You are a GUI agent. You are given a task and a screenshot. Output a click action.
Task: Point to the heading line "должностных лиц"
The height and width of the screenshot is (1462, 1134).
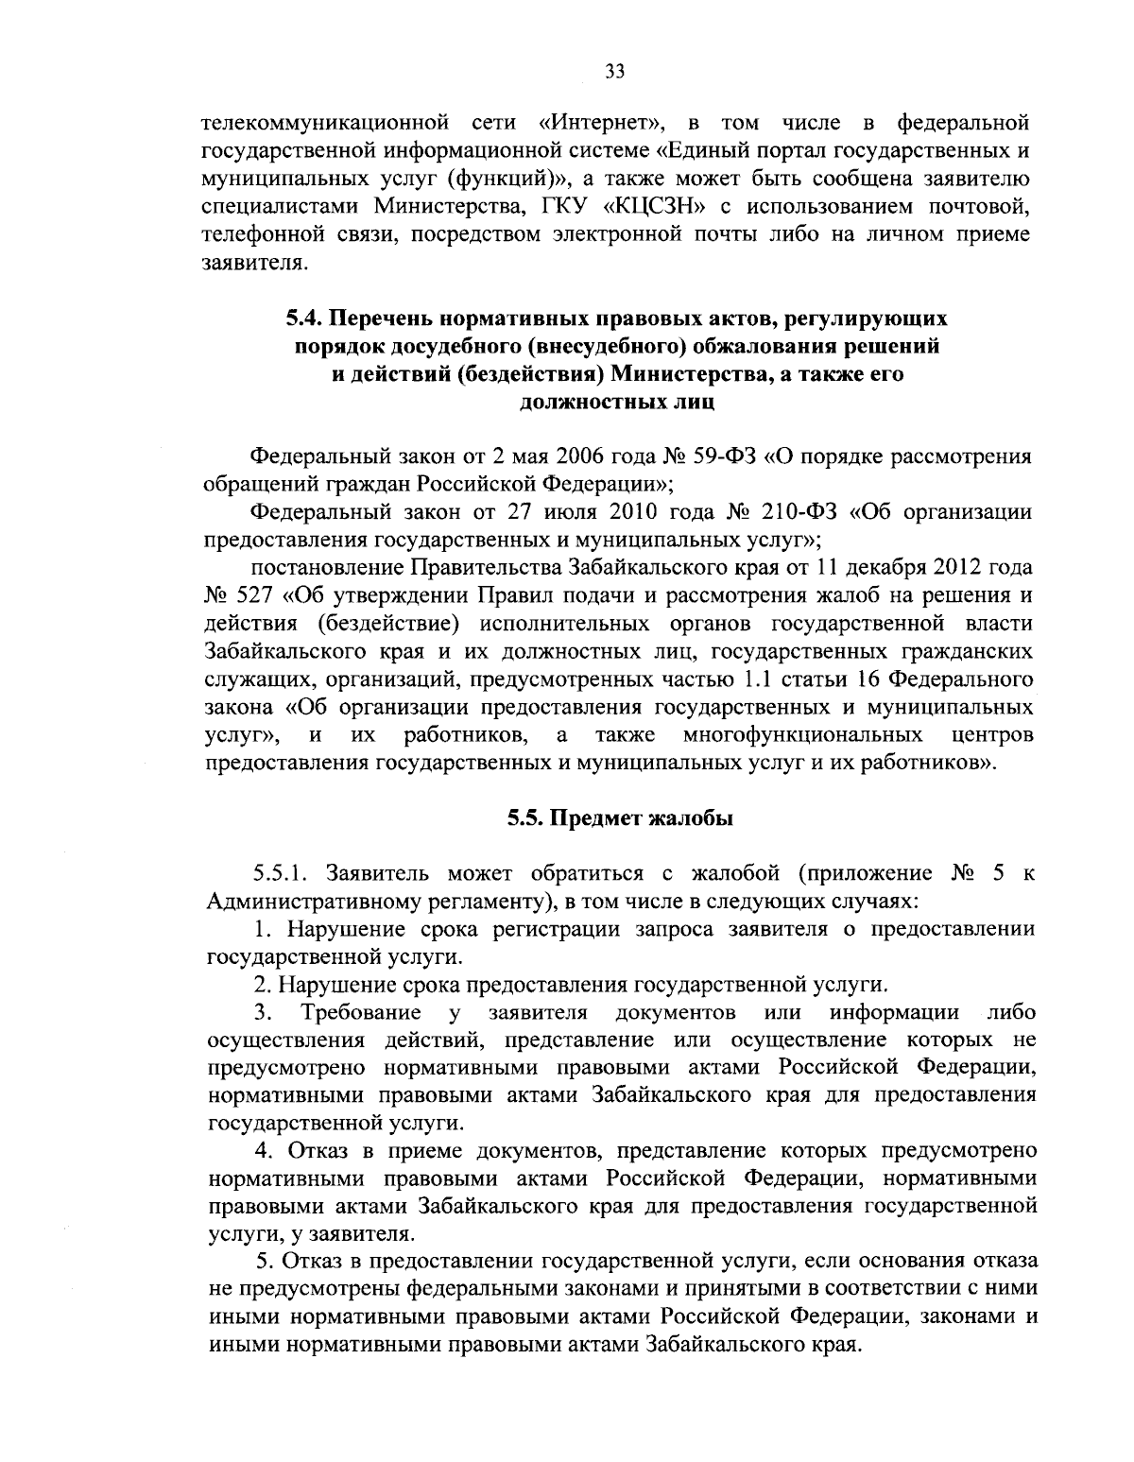[x=617, y=402]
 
